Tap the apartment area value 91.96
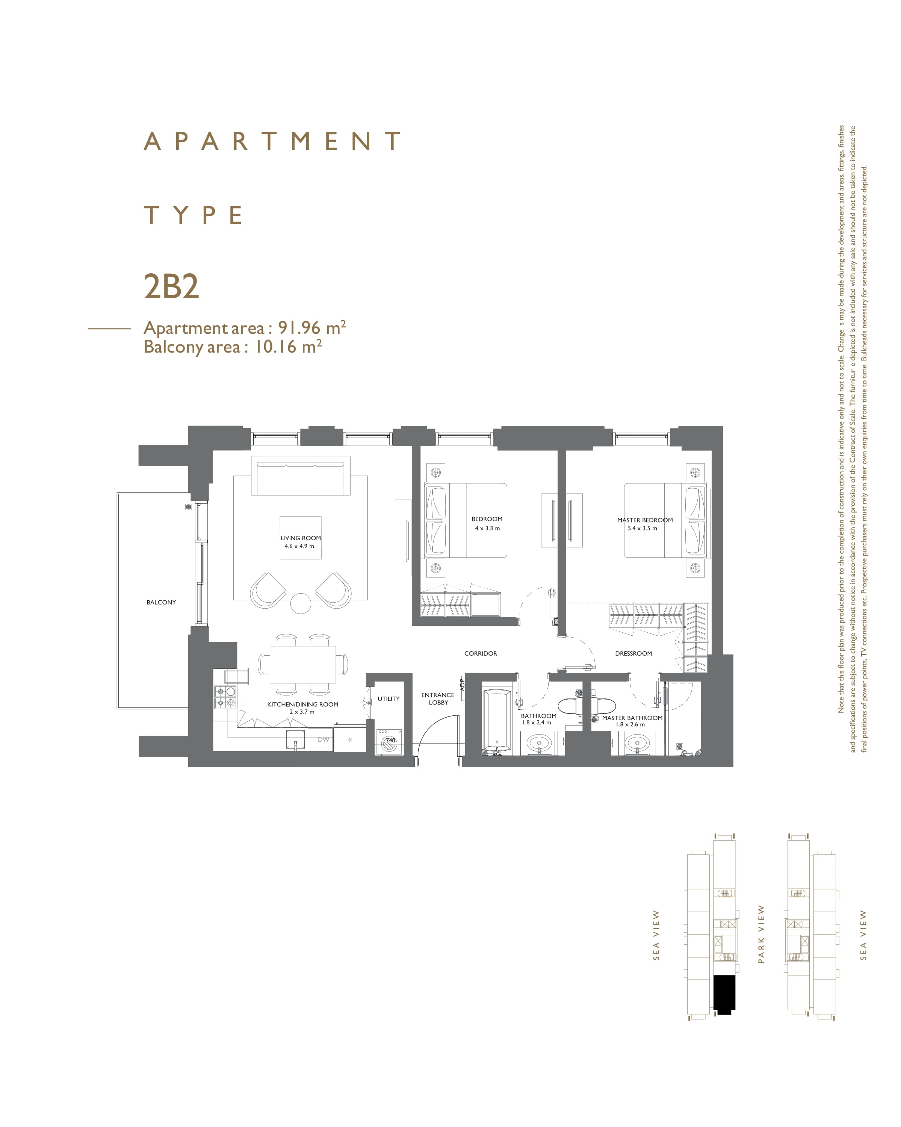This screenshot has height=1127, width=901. [x=299, y=328]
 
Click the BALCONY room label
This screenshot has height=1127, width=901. [x=161, y=602]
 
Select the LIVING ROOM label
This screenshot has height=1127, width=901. [x=300, y=538]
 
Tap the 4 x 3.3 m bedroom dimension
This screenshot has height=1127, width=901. [x=487, y=528]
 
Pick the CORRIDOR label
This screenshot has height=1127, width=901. [x=481, y=653]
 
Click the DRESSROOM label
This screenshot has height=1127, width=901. [x=633, y=653]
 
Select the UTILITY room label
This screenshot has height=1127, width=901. [x=388, y=699]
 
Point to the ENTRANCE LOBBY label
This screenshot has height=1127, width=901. [x=438, y=699]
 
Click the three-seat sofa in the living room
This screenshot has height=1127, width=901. [x=300, y=476]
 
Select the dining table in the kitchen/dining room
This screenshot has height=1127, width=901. [x=303, y=664]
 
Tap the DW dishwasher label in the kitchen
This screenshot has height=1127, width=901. [x=324, y=740]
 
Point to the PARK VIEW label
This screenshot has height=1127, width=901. [x=761, y=934]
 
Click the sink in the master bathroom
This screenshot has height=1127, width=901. [x=637, y=743]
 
